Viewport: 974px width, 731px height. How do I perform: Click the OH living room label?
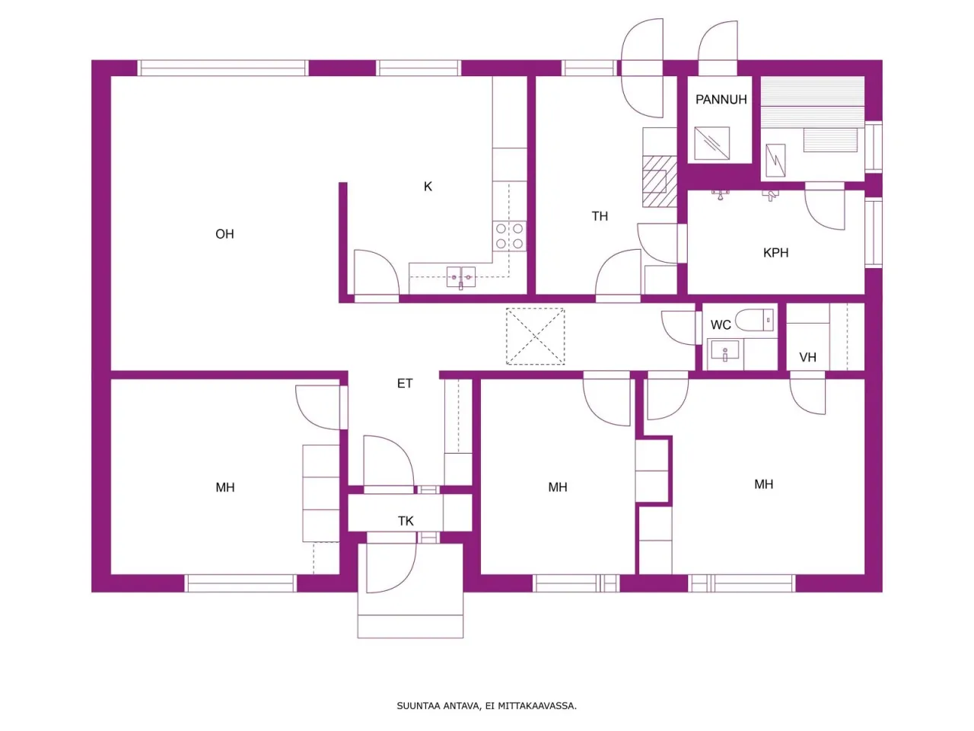(x=224, y=235)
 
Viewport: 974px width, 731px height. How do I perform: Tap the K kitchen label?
(x=428, y=187)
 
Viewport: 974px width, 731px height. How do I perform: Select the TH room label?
(x=600, y=216)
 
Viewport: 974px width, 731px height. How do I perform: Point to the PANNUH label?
(x=721, y=100)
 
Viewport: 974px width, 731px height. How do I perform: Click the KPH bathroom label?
(x=775, y=253)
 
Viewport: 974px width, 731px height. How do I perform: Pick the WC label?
(x=721, y=325)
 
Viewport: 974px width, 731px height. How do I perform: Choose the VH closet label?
(x=807, y=357)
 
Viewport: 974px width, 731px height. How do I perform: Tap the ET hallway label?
(x=405, y=384)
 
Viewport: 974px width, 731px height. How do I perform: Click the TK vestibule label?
(x=406, y=521)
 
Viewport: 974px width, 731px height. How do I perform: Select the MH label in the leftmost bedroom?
(x=225, y=487)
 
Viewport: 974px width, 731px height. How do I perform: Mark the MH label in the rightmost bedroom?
(x=764, y=484)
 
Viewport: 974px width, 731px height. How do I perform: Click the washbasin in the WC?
(x=724, y=353)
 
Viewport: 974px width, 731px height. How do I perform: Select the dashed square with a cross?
(x=536, y=337)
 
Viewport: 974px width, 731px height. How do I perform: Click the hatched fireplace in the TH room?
(x=659, y=181)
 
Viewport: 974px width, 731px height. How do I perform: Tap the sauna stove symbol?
(x=775, y=160)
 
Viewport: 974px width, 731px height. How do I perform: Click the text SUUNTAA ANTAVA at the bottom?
(x=438, y=706)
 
